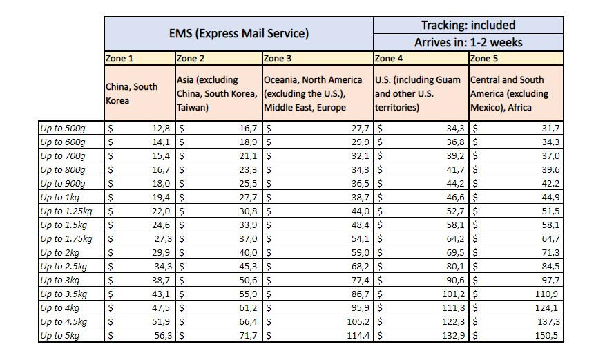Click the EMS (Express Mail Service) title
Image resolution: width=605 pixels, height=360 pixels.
tap(239, 33)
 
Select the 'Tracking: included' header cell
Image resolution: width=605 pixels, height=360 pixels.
tap(468, 25)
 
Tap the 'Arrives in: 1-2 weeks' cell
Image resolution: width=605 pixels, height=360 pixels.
tap(468, 42)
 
